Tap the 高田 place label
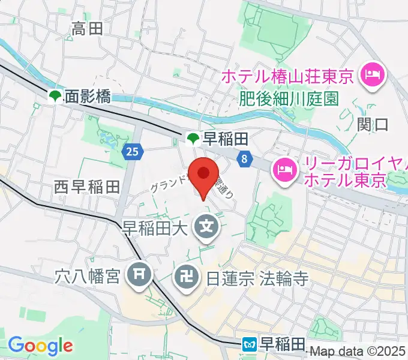88,28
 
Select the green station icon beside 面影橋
55,96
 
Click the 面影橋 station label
87,96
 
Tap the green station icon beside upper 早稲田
193,140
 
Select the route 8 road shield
245,159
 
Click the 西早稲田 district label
88,188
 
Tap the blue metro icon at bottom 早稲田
250,345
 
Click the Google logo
40,345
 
